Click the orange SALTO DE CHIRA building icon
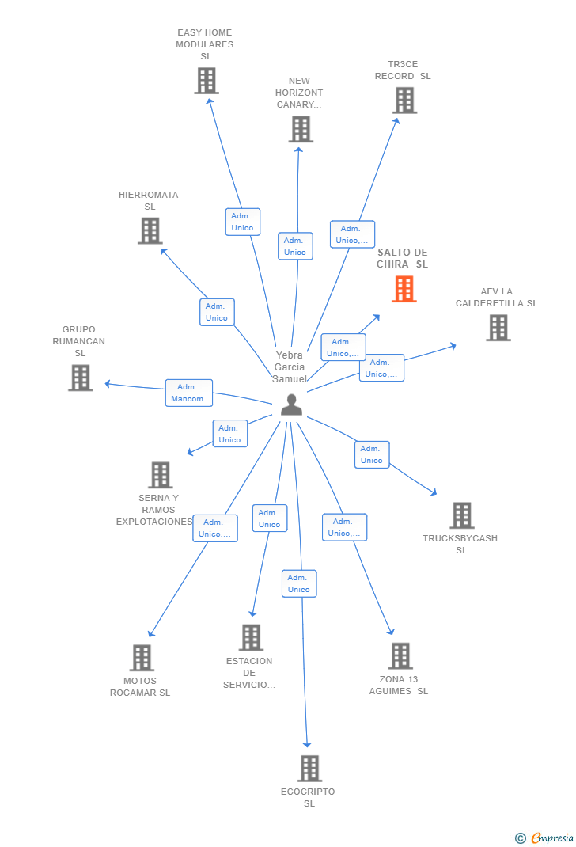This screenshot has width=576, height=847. click(404, 288)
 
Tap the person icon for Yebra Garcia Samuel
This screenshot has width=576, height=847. click(291, 405)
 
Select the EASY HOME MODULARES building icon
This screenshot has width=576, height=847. click(207, 81)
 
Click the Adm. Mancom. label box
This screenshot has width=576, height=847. click(189, 393)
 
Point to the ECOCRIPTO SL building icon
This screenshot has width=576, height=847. click(310, 768)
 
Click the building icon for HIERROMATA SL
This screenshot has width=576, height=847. click(150, 230)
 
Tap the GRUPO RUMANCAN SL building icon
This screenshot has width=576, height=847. click(81, 378)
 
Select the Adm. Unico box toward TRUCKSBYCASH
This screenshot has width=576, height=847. click(372, 454)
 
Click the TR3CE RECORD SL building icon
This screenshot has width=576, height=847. click(404, 101)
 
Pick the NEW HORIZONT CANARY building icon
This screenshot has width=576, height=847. click(301, 129)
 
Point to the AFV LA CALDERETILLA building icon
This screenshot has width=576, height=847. click(498, 328)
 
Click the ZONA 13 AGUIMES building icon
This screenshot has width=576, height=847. click(400, 655)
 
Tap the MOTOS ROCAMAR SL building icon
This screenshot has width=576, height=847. click(142, 657)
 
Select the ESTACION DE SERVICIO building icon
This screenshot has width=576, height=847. click(251, 637)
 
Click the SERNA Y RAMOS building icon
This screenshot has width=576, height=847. click(161, 475)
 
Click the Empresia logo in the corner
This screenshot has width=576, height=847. click(544, 838)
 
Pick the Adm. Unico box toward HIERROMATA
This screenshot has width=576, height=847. click(217, 312)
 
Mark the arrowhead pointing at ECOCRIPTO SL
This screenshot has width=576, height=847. click(307, 744)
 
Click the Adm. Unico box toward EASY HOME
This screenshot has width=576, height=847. click(243, 222)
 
